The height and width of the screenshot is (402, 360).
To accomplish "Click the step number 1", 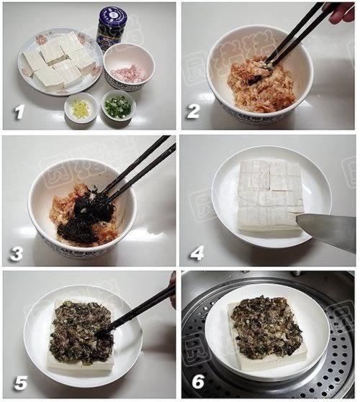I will [19, 113].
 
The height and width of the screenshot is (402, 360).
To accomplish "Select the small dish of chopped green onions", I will [118, 108].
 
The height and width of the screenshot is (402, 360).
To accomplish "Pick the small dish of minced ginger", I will [81, 109].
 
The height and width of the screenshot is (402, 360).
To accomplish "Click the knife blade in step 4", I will [328, 230].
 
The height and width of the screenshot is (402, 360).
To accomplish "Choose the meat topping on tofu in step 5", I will [79, 331].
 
